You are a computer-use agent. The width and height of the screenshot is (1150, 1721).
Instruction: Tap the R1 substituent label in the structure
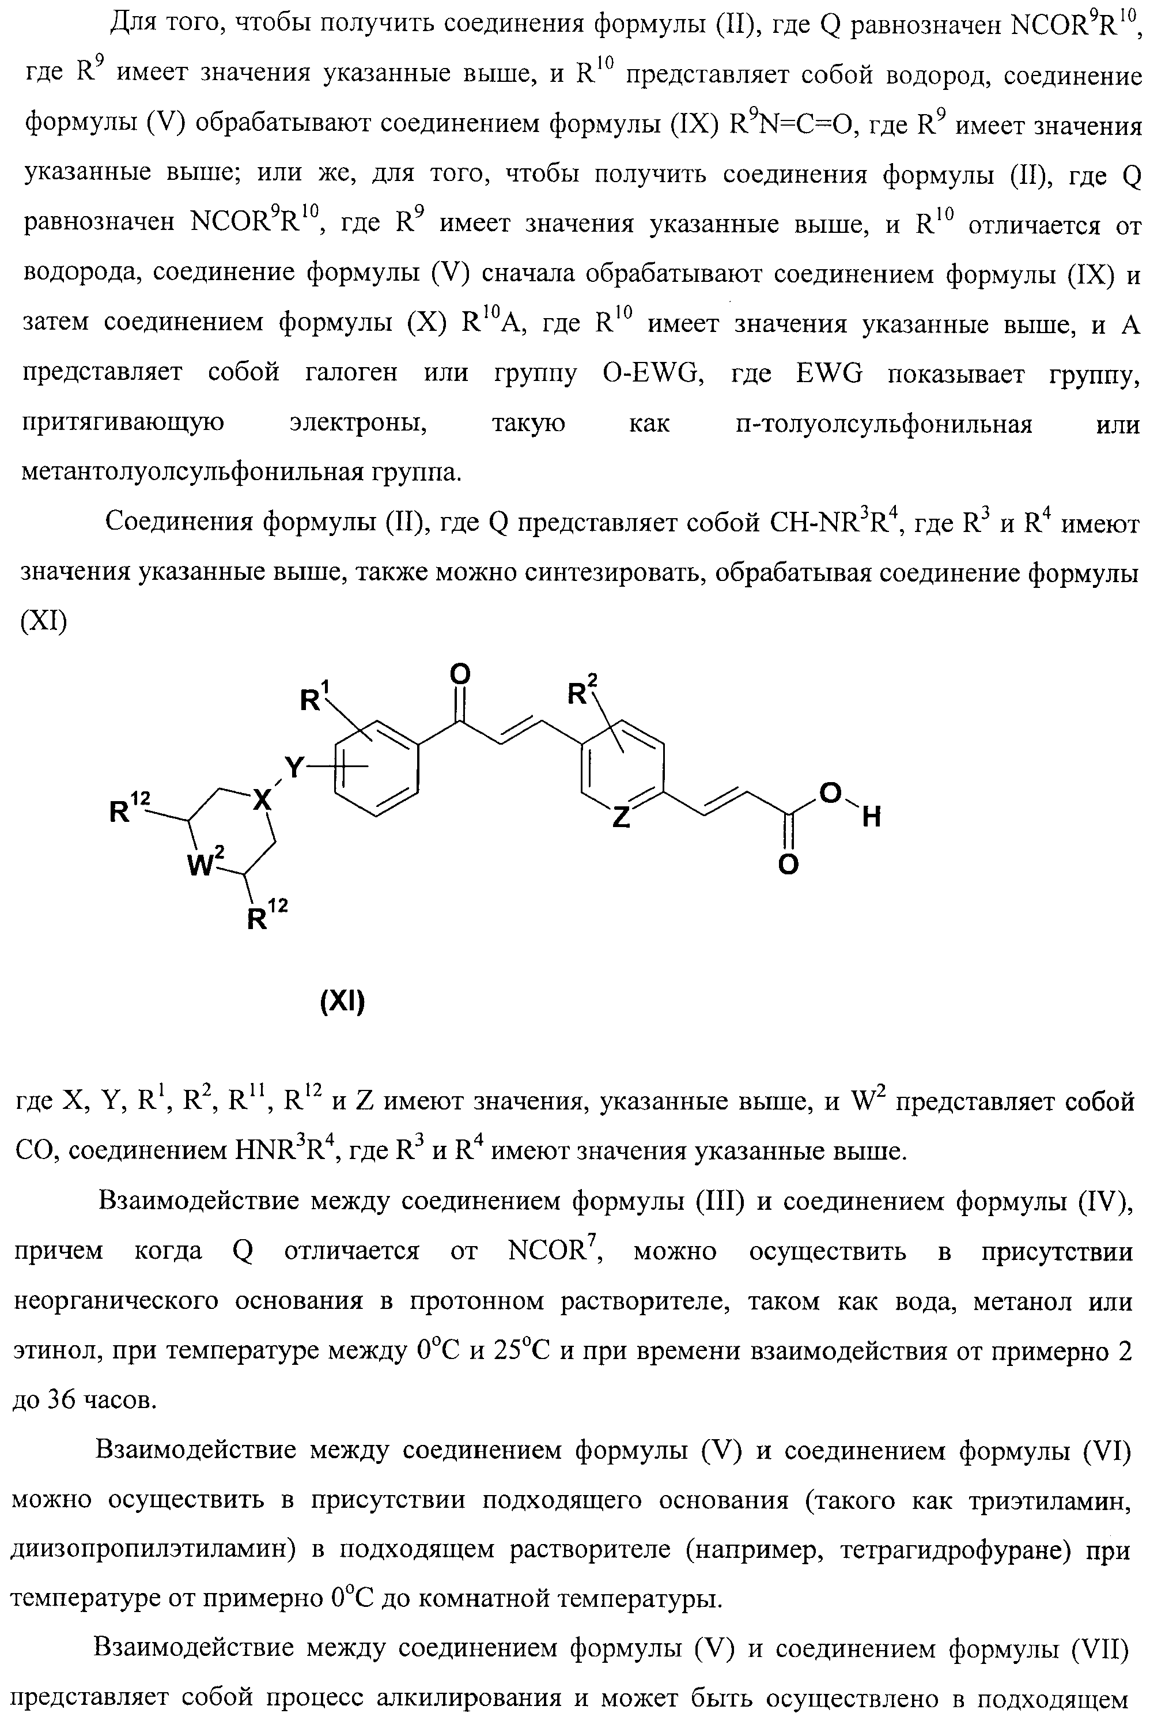(315, 699)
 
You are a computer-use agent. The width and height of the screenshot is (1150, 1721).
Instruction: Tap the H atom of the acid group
(871, 817)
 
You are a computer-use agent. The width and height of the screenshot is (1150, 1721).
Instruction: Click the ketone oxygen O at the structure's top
(460, 673)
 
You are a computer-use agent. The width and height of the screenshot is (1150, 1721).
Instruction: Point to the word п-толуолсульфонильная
(884, 424)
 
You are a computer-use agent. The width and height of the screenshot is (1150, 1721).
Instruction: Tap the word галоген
(351, 373)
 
